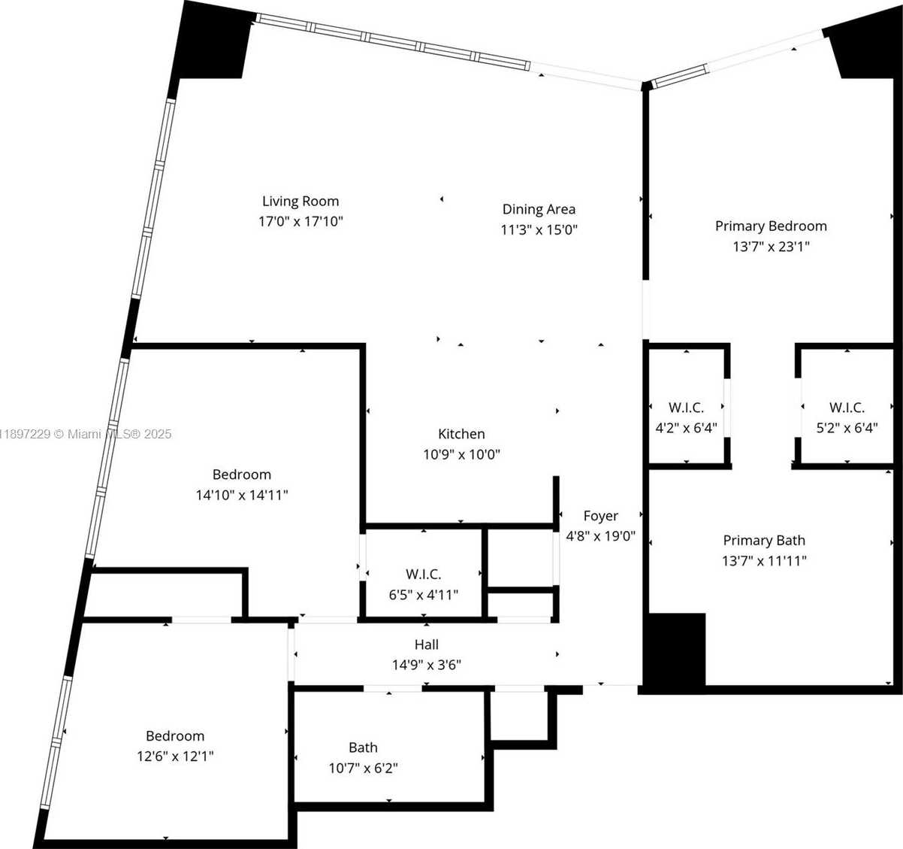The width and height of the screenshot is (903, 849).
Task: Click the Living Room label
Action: tap(300, 202)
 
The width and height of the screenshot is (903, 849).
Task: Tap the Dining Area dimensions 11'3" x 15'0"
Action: tap(539, 230)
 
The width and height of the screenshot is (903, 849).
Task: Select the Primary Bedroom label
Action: tap(771, 226)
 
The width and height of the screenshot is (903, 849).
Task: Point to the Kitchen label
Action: tap(461, 434)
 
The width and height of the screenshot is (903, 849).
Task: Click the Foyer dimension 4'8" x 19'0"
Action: tap(600, 536)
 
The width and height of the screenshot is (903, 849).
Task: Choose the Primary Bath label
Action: tap(764, 541)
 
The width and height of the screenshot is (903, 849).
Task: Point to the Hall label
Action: tap(427, 644)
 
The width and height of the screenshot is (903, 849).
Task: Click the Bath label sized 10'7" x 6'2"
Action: tap(363, 747)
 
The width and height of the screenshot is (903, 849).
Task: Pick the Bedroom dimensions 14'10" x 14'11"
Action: tap(241, 495)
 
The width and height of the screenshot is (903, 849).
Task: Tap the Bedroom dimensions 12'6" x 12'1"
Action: tap(175, 757)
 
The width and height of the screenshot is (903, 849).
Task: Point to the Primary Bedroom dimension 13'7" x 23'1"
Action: tap(771, 247)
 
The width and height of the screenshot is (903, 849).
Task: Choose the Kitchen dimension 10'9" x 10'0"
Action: tap(461, 454)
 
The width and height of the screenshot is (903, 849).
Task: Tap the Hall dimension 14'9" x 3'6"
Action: tap(427, 665)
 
